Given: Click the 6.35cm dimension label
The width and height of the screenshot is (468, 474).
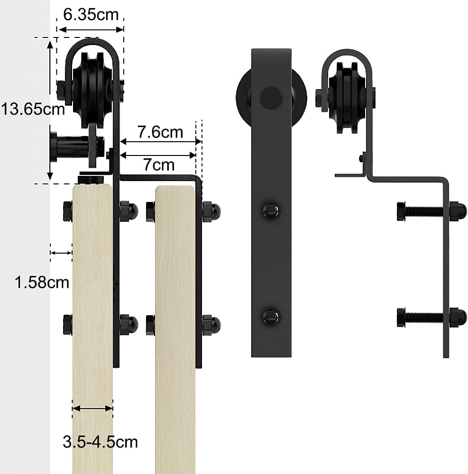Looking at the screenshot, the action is (91, 15).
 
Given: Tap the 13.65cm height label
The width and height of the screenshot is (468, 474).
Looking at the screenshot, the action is (33, 109).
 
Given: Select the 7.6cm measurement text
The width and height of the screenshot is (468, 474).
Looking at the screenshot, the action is (160, 132).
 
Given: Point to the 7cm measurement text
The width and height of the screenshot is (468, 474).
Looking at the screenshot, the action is (159, 165).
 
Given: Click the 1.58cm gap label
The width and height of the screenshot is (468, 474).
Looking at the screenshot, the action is (42, 283).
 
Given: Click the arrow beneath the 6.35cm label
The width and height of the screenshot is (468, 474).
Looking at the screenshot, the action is (91, 29).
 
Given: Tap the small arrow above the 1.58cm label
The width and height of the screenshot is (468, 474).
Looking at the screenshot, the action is (61, 253).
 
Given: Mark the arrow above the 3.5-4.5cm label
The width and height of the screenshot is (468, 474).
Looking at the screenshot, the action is (92, 409).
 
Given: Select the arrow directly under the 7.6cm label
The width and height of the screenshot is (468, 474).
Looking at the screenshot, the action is (161, 141).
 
